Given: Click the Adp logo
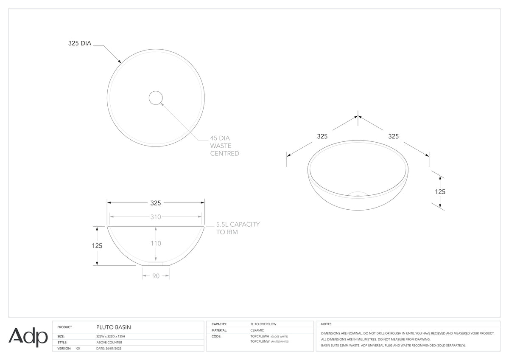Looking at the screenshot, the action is coord(28,337).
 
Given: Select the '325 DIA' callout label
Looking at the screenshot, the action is coord(80,43).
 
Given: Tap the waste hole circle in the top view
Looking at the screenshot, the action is coord(156,98).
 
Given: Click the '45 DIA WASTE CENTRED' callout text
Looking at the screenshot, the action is coord(224,146).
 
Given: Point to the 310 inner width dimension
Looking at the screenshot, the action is coord(156,217).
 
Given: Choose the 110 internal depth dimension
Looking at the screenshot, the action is coord(156,243).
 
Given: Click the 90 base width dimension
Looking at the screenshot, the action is coord(156,276).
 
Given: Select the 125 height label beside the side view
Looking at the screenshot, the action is coord(97,246).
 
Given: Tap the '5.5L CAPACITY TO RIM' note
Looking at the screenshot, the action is coord(238,228).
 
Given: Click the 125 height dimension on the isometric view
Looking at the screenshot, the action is coord(440,192).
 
